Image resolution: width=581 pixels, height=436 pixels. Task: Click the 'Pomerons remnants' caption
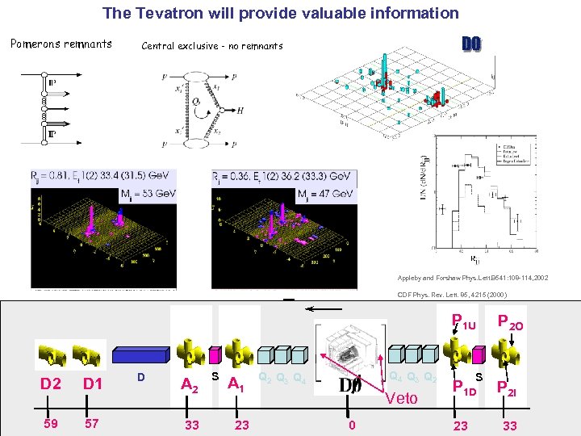pos(61,44)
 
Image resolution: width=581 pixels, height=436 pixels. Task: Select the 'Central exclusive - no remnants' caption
pos(212,46)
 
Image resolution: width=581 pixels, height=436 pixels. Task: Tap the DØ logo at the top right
pos(470,43)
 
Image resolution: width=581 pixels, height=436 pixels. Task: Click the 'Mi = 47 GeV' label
pos(325,195)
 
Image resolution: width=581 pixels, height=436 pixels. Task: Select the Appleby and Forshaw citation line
pos(472,278)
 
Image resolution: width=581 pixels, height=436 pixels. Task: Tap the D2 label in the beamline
pos(52,384)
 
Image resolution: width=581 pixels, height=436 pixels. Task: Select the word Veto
pos(402,397)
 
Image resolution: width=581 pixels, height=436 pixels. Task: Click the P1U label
pos(464,322)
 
